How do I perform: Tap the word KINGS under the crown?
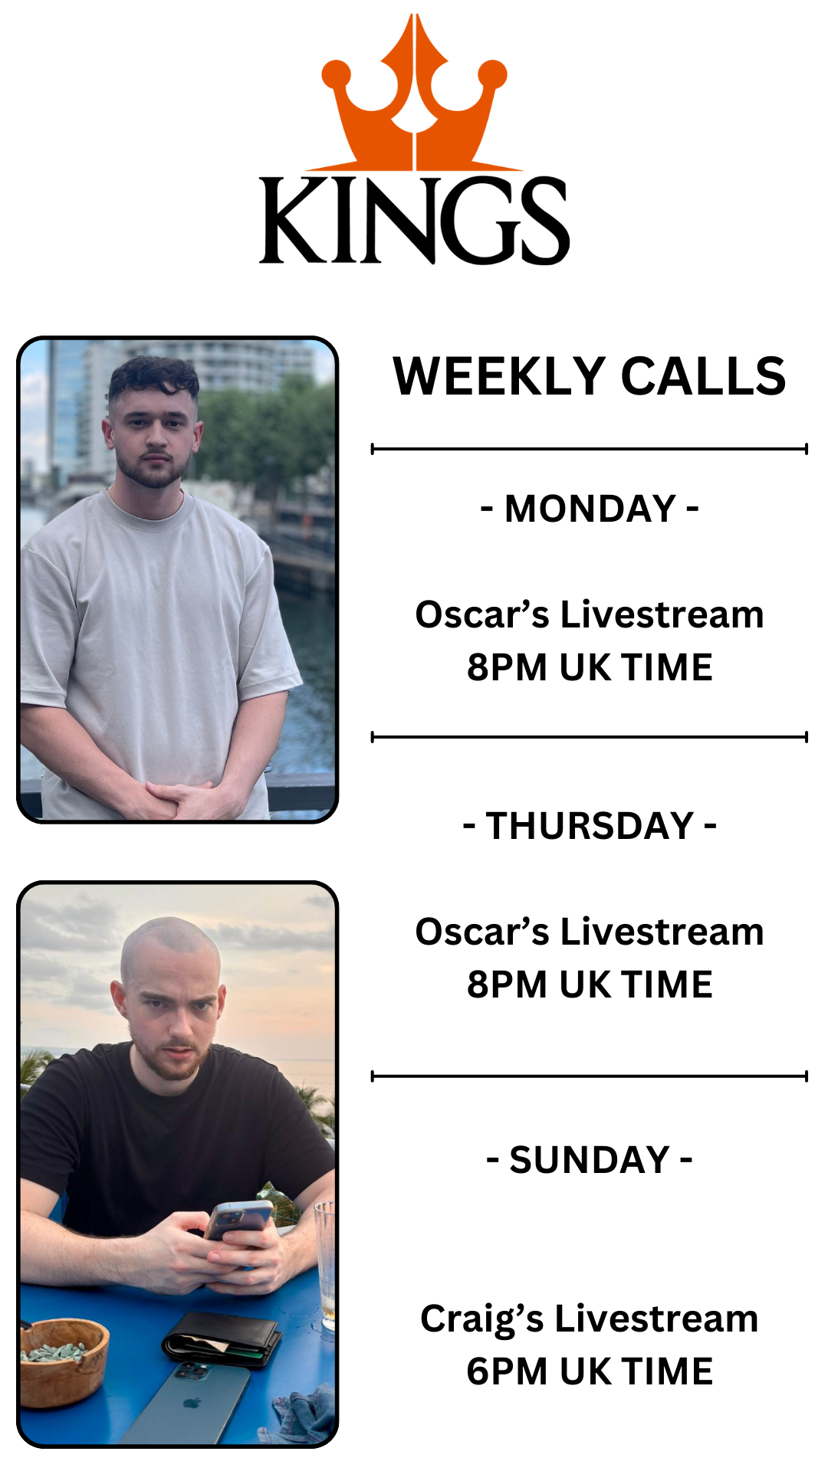tap(414, 221)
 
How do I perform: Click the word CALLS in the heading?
tap(703, 376)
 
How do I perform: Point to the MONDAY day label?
tap(590, 509)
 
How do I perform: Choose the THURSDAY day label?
tap(590, 826)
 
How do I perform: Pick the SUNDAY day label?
tap(590, 1160)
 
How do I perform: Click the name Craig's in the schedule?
tap(482, 1320)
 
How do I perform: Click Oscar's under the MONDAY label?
tap(482, 614)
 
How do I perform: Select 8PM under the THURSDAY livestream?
tap(508, 984)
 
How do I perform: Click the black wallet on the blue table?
tap(222, 1337)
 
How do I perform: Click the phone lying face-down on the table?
tap(188, 1402)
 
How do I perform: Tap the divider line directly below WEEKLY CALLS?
tap(590, 449)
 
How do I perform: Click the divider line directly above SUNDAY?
tap(590, 1076)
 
